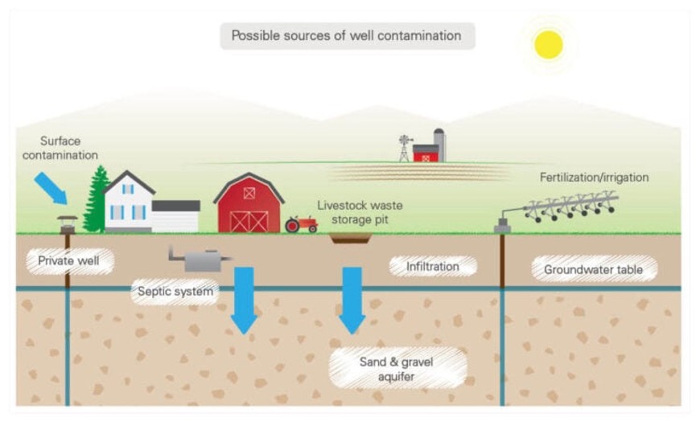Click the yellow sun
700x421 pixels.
[x=548, y=45]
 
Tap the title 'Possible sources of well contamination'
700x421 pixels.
[x=347, y=35]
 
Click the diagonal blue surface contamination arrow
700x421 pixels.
[x=51, y=188]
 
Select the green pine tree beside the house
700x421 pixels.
[x=96, y=199]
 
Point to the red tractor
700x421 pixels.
[x=302, y=224]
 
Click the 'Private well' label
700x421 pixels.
[x=68, y=261]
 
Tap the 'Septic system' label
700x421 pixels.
[x=175, y=292]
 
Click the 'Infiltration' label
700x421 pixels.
[x=433, y=267]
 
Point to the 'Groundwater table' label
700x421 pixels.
[x=593, y=270]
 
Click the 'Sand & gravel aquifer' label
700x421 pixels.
[x=397, y=369]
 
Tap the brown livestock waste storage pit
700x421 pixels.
[x=351, y=239]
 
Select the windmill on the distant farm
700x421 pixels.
[x=405, y=148]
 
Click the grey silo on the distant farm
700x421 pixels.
[x=439, y=145]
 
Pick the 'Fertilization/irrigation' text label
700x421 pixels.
[x=595, y=178]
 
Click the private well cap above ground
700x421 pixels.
[x=68, y=225]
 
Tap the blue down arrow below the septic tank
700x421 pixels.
[x=245, y=300]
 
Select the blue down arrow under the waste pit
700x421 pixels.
[x=352, y=300]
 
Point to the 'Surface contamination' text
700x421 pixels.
[x=60, y=148]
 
